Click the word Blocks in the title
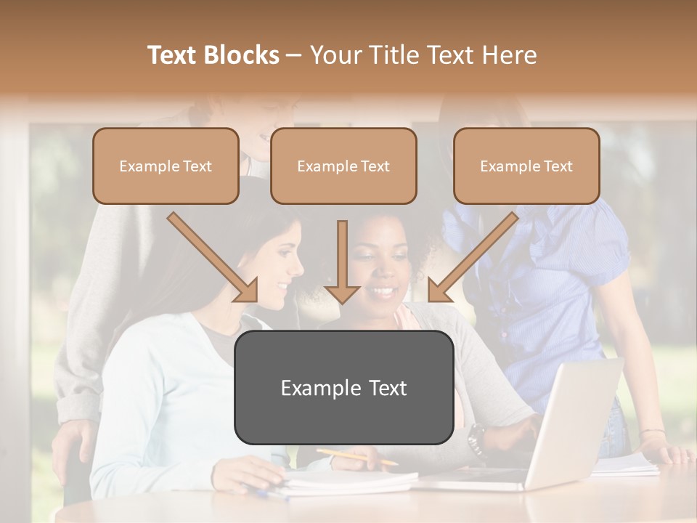[x=241, y=55]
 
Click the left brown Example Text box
[x=166, y=166]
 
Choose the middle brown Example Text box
[x=343, y=166]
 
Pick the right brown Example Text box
[x=526, y=166]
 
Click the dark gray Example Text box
[x=343, y=388]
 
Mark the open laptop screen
[x=577, y=421]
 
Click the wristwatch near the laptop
[x=476, y=437]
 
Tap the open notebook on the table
[x=348, y=481]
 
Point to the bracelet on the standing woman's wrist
[x=652, y=433]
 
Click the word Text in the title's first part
[x=174, y=55]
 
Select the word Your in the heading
[x=334, y=55]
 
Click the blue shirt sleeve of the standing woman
[x=595, y=247]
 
